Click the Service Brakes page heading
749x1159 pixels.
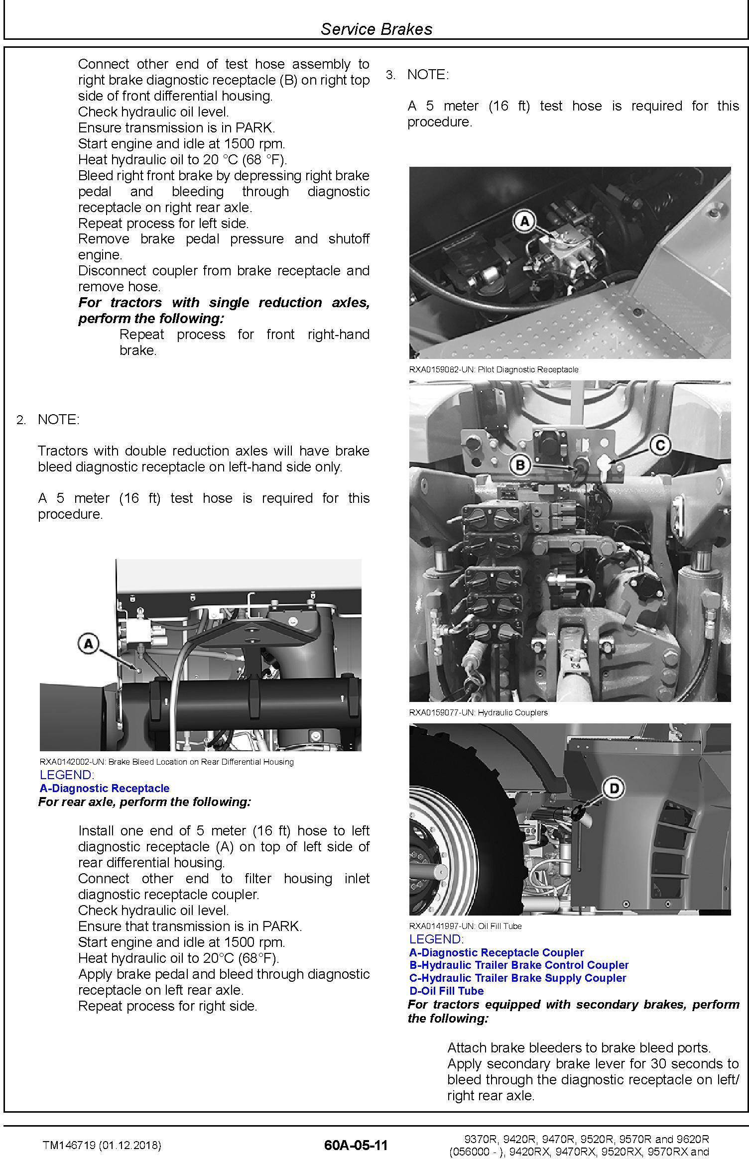click(376, 29)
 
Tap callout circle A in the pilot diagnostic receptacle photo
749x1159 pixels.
click(524, 220)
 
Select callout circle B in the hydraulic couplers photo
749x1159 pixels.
click(520, 465)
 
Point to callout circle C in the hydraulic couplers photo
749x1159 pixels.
click(660, 445)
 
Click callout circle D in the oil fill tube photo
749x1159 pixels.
click(614, 788)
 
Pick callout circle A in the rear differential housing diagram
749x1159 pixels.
click(89, 644)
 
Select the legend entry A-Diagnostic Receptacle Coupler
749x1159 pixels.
click(496, 952)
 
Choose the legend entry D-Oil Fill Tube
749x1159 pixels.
click(446, 991)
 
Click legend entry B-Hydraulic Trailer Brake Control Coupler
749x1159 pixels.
click(519, 965)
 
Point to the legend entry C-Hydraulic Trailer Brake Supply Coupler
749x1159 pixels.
click(517, 978)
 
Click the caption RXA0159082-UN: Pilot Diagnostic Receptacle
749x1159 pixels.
click(494, 369)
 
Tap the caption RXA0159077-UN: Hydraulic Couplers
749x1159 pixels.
click(478, 712)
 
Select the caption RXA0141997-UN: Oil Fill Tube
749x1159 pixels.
click(465, 926)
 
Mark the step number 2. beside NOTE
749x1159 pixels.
click(21, 420)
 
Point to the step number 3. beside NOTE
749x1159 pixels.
click(390, 75)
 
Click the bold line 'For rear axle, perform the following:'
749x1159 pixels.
click(144, 802)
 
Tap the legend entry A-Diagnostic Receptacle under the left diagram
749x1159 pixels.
click(105, 788)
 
